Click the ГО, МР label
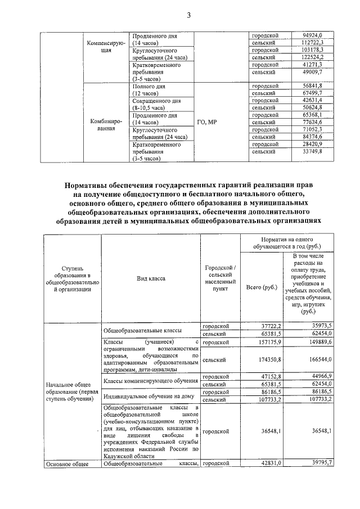point(208,123)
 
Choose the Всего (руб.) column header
point(262,288)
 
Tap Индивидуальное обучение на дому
point(149,396)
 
